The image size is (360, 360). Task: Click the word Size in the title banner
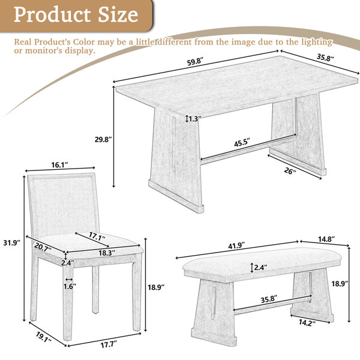coord(118,14)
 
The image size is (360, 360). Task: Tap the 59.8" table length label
coord(196,62)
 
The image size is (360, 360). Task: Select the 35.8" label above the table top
coord(325,58)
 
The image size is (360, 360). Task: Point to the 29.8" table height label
coord(103,139)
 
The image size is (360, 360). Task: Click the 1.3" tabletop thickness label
coord(195,119)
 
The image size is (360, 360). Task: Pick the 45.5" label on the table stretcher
coord(242,143)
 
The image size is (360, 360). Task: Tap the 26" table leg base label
coord(290,171)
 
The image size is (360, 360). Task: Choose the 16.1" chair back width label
coord(59,165)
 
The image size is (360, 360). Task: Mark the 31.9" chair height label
coord(12,242)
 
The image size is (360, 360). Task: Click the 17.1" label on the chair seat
coord(97,236)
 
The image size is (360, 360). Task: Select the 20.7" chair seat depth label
coord(43,247)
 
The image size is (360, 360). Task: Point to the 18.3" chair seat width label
coord(107,253)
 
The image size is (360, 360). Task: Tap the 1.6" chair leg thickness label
coord(70,286)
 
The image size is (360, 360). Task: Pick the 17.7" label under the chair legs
coord(109,344)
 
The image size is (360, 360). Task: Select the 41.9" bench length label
coord(236,245)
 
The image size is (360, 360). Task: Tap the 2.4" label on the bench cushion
coord(261,267)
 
